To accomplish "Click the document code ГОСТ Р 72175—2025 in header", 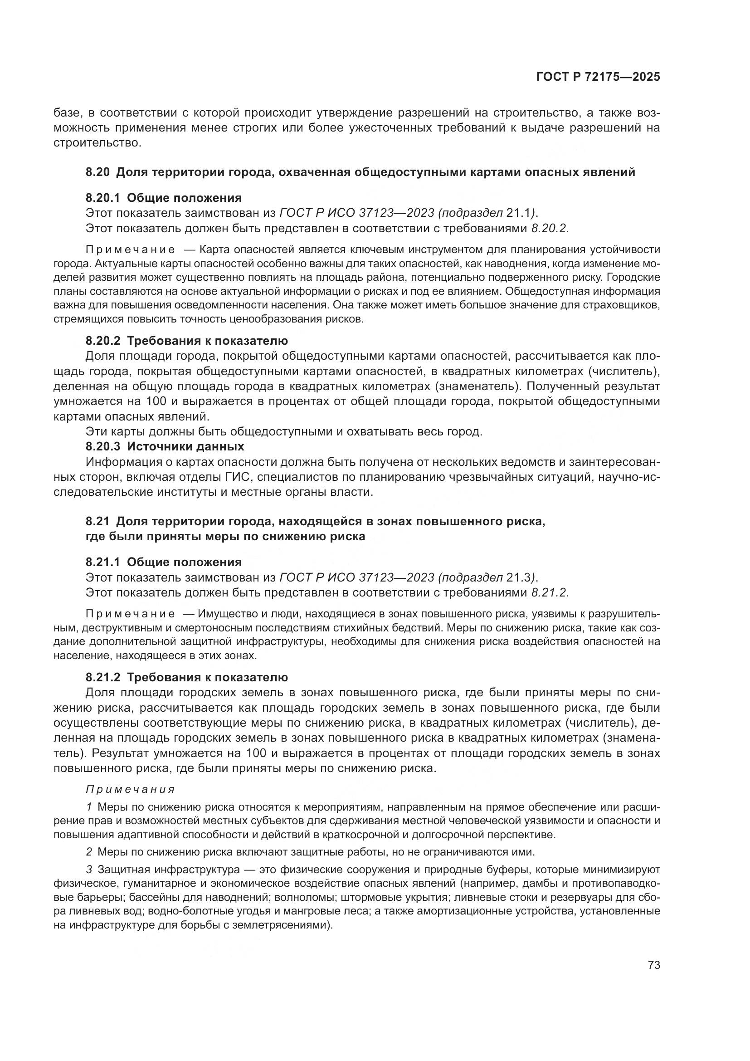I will (598, 77).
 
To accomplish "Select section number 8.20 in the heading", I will (97, 172).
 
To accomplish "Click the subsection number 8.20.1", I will (102, 198).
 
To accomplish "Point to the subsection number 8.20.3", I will (102, 447).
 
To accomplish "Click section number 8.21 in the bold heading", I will (97, 522).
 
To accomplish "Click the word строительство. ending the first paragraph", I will (97, 143).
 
